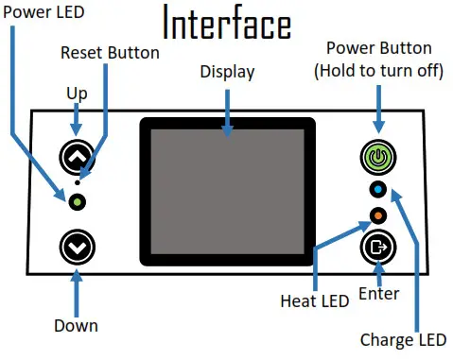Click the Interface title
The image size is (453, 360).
click(227, 23)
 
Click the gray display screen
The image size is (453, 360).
click(227, 189)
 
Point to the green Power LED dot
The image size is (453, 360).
click(78, 201)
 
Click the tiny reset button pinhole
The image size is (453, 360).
click(78, 182)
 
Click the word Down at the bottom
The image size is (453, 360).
click(77, 326)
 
